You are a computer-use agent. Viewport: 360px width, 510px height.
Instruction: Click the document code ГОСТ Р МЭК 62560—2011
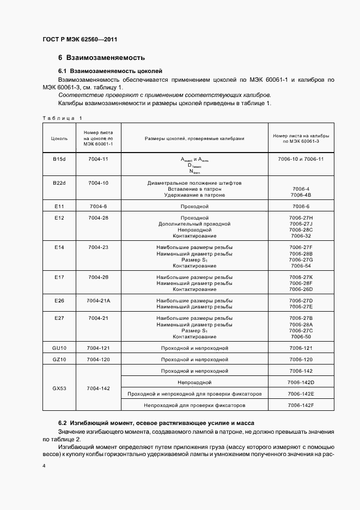point(80,39)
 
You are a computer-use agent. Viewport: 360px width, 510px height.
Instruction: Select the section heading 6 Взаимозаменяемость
point(101,58)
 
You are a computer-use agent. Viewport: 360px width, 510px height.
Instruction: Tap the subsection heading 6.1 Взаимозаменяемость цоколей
point(110,71)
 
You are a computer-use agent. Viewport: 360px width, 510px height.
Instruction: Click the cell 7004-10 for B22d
point(98,183)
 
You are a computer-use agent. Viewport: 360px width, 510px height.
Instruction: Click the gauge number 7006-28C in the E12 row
point(301,230)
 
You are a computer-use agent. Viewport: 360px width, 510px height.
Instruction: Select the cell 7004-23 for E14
point(98,247)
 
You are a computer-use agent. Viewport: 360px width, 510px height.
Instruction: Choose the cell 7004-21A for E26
point(98,301)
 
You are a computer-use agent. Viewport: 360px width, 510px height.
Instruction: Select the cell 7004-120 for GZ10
point(98,360)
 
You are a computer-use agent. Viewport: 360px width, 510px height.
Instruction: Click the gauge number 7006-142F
point(301,406)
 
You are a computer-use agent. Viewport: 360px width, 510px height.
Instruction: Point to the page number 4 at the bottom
point(44,466)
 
